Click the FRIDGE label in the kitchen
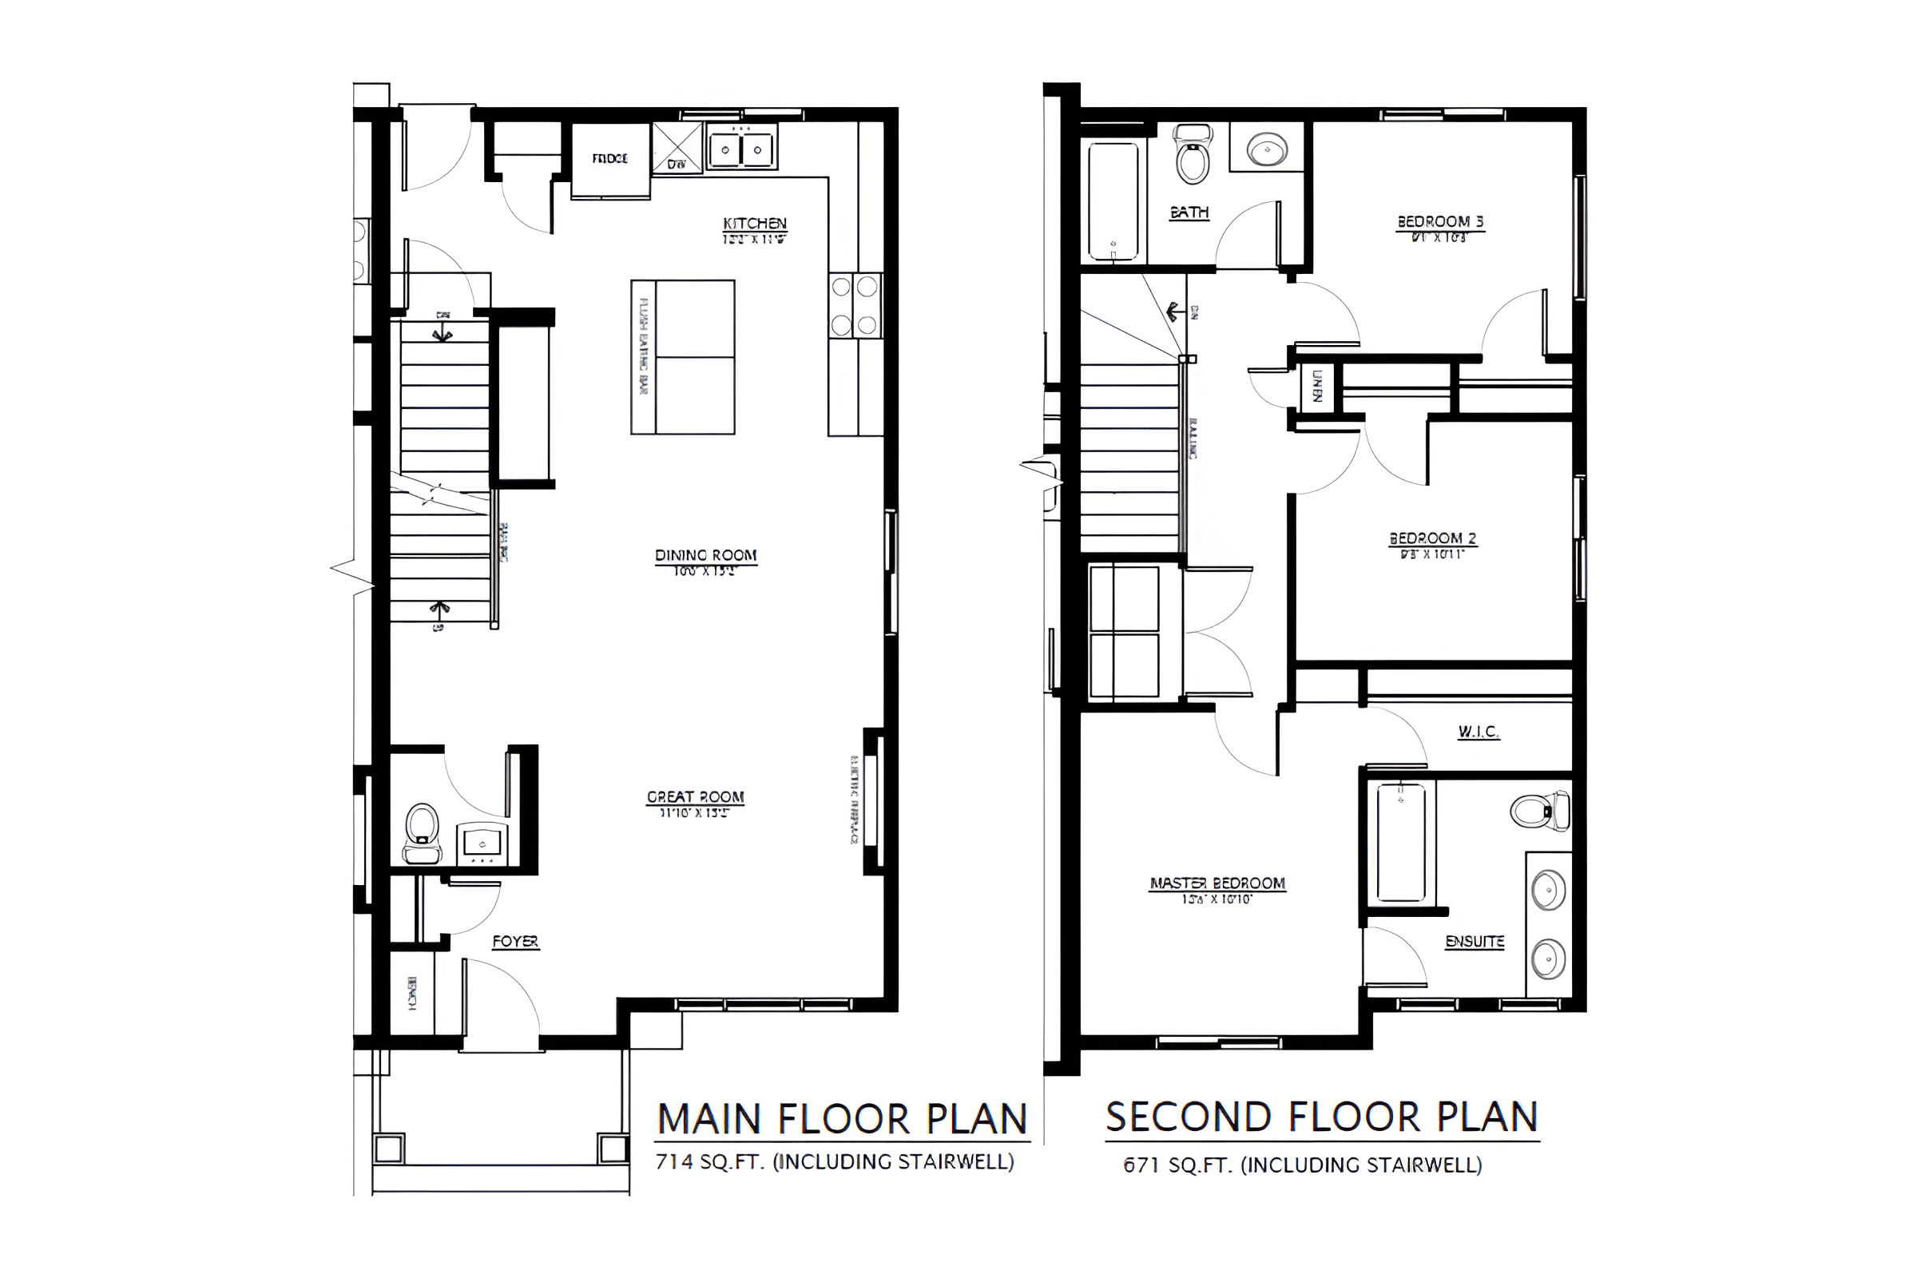609,159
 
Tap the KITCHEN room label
755,224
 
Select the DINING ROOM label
706,556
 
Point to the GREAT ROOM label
695,797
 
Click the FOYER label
515,943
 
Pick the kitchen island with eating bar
683,357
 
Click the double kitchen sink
741,150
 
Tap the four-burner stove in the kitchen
855,306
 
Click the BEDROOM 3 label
1440,222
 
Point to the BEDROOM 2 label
1433,538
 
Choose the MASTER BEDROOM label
1216,883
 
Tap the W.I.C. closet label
1478,732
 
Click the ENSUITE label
1474,943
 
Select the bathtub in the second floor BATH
1113,201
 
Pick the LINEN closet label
1316,386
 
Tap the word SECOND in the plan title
1188,1117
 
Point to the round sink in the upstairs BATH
1268,149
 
